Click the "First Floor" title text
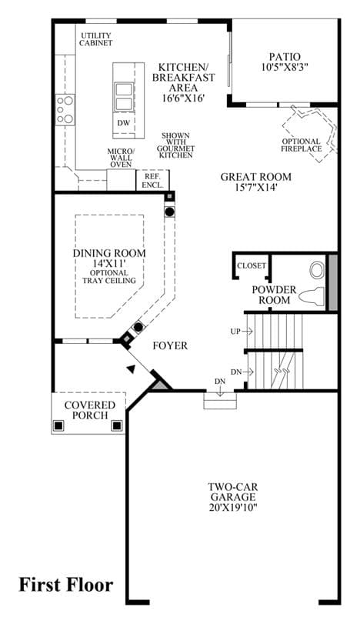pyautogui.click(x=66, y=585)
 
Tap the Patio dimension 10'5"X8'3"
pyautogui.click(x=285, y=67)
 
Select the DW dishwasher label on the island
pyautogui.click(x=123, y=122)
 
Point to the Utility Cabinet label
pyautogui.click(x=95, y=39)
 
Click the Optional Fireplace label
pyautogui.click(x=302, y=145)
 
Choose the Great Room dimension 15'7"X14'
pyautogui.click(x=256, y=187)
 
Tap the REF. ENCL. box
pyautogui.click(x=152, y=180)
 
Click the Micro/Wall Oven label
pyautogui.click(x=122, y=158)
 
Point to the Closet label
pyautogui.click(x=252, y=265)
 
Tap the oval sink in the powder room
pyautogui.click(x=318, y=270)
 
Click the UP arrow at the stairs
pyautogui.click(x=248, y=331)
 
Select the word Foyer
pyautogui.click(x=170, y=345)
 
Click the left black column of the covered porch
pyautogui.click(x=58, y=425)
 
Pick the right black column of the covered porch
pyautogui.click(x=117, y=425)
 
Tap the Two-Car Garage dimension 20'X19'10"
pyautogui.click(x=233, y=508)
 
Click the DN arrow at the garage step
pyautogui.click(x=219, y=393)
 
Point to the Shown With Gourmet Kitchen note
pyautogui.click(x=176, y=145)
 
